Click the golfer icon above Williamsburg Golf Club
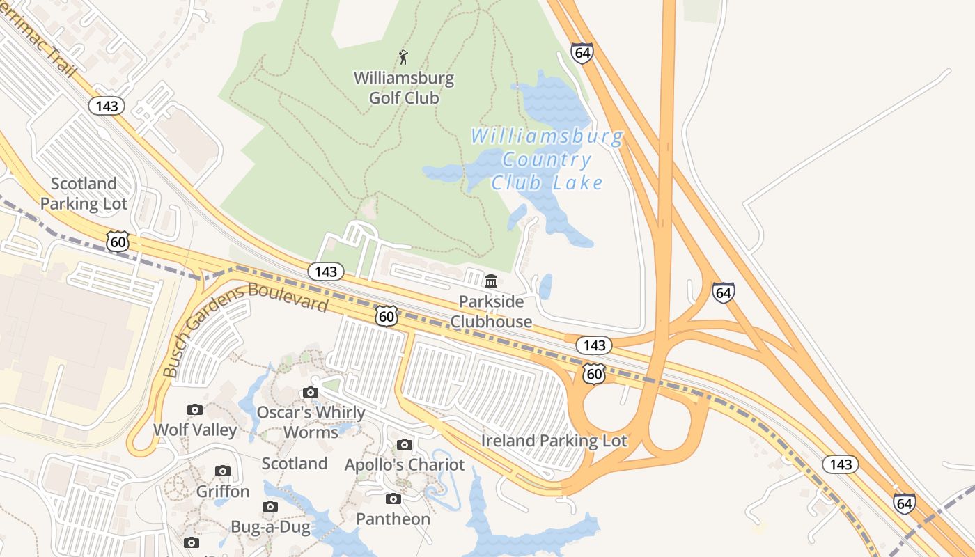pos(403,57)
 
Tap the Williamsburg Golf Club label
pos(404,88)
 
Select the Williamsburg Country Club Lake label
pos(547,159)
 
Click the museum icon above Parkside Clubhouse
pos(491,281)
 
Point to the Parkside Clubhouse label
pos(491,312)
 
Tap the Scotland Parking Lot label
pos(84,194)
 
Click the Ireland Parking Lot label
pos(554,441)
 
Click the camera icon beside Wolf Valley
pos(195,409)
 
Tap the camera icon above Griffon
pos(223,471)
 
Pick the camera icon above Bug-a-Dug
pos(270,506)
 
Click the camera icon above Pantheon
pos(393,499)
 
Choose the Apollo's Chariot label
pos(405,464)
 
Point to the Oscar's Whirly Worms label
pos(311,422)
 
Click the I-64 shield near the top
pos(582,53)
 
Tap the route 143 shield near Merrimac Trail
pos(107,106)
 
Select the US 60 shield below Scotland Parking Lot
pos(118,242)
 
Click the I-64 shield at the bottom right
pos(904,503)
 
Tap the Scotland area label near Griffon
pos(295,463)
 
